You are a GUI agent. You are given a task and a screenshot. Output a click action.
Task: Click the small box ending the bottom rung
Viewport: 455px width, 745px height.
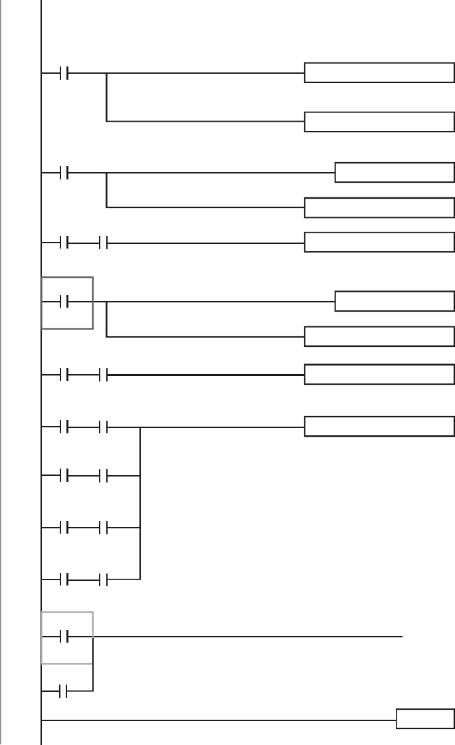(x=425, y=719)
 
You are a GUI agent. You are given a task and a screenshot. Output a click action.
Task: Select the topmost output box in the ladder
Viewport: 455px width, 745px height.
(x=379, y=72)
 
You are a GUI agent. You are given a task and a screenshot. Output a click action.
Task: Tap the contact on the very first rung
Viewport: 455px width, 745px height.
(x=64, y=73)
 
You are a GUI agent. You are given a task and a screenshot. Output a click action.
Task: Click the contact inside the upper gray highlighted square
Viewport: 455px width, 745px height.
(x=64, y=303)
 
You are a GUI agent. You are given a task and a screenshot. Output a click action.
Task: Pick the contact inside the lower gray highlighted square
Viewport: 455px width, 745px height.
(x=64, y=637)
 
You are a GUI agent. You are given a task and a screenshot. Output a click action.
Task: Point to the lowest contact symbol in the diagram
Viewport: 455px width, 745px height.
(x=64, y=692)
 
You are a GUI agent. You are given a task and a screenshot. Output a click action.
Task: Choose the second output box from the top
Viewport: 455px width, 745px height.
(x=379, y=122)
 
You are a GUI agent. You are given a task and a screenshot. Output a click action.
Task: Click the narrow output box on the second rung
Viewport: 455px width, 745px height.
(x=395, y=173)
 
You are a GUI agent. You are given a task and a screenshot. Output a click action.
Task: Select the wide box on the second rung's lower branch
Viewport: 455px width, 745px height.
(x=379, y=207)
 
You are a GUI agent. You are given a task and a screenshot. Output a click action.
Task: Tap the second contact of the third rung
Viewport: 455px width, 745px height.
(x=103, y=243)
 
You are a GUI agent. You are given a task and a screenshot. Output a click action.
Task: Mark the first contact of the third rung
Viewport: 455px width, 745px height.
(x=64, y=243)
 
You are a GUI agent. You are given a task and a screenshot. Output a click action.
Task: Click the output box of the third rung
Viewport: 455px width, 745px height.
(x=379, y=243)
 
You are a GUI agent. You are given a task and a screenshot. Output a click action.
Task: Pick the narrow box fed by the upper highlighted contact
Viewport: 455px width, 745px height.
(x=395, y=301)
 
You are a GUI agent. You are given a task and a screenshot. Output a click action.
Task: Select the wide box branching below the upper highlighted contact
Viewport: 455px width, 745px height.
(x=379, y=336)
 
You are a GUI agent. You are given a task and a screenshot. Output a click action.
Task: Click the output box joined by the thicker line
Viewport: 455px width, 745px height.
(x=379, y=374)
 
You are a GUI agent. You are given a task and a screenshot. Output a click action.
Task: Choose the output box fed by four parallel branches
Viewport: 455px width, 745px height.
(x=379, y=426)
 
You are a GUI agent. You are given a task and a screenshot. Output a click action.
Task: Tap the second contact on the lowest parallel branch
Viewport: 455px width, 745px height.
(x=103, y=581)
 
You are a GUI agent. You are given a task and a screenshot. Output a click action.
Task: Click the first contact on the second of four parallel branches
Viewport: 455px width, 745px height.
(x=64, y=476)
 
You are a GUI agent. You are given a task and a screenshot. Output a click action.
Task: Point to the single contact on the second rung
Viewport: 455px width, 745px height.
(x=64, y=174)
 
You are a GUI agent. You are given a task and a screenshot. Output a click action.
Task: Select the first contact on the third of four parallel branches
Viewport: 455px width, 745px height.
(x=64, y=528)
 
